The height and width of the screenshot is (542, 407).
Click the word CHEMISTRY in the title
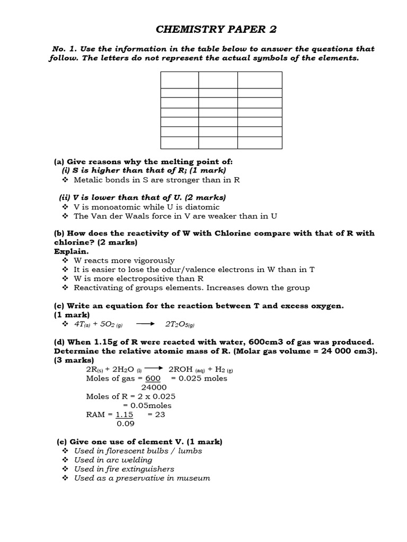click(180, 29)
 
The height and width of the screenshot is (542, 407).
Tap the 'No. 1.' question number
click(64, 49)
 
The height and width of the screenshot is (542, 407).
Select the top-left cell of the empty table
click(179, 80)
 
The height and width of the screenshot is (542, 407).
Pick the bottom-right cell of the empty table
click(260, 143)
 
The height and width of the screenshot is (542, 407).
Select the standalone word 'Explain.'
click(71, 251)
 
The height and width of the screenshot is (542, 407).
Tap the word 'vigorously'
click(149, 260)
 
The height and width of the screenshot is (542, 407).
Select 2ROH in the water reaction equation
click(181, 369)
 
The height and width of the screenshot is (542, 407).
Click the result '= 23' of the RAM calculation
click(156, 414)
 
